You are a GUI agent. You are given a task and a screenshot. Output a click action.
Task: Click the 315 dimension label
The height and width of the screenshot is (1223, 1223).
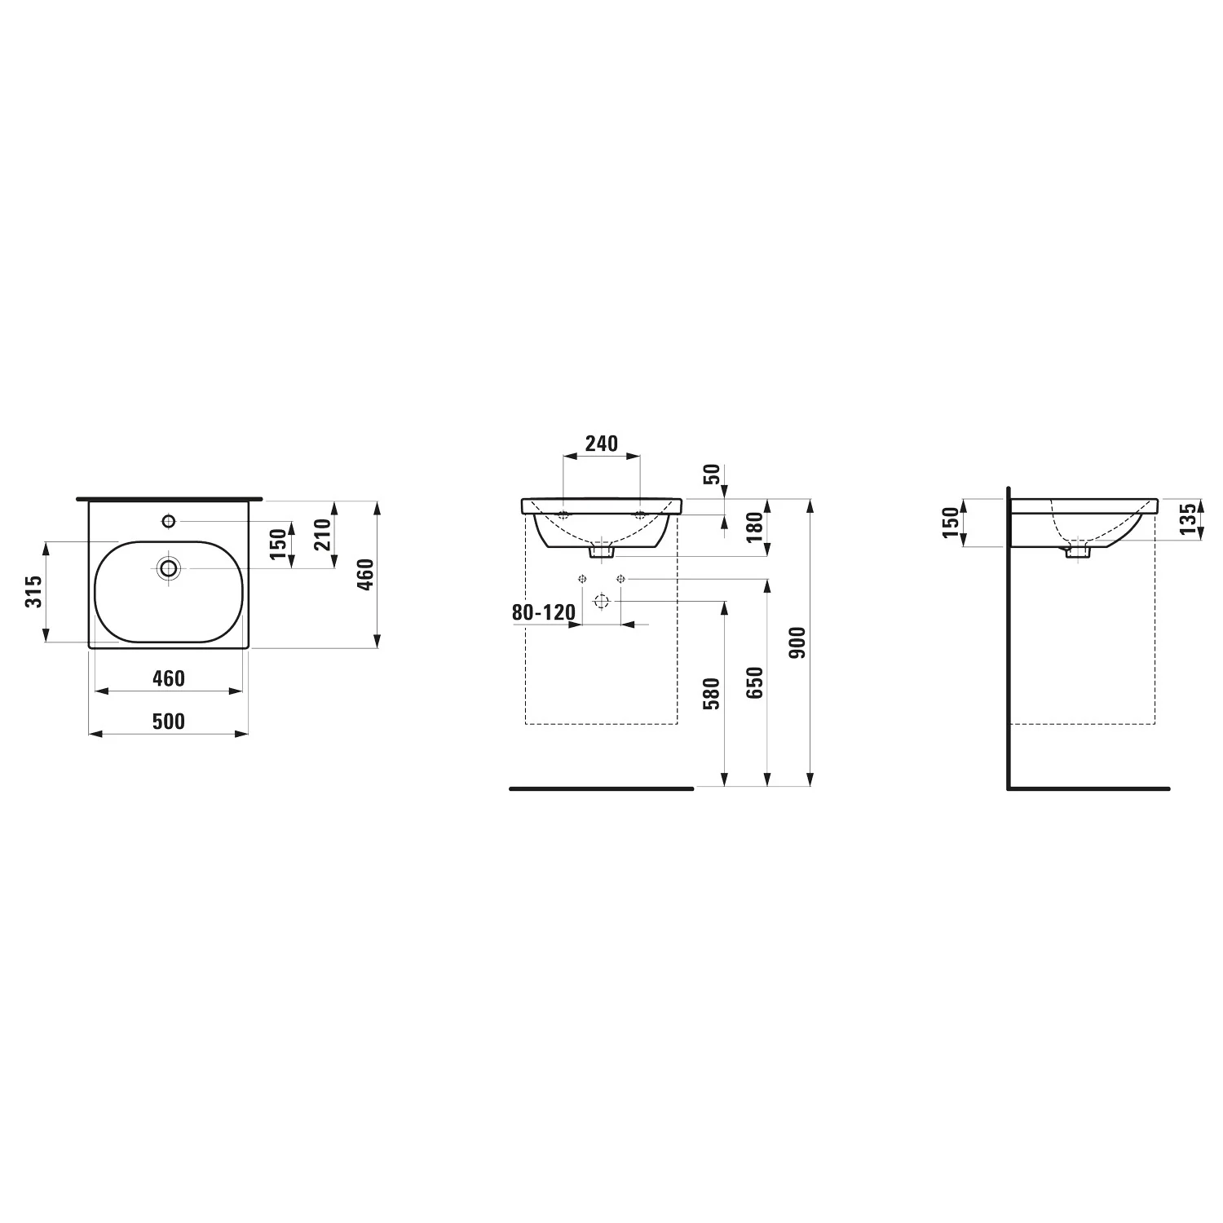click(33, 591)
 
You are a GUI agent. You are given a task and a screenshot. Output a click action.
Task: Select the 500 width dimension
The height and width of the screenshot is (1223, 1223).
click(168, 721)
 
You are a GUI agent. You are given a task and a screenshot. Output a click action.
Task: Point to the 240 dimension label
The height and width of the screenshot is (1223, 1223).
click(602, 444)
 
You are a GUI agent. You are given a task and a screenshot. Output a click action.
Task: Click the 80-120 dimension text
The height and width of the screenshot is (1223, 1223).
click(544, 611)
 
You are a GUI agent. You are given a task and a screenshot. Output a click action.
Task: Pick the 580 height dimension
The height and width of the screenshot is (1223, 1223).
click(711, 693)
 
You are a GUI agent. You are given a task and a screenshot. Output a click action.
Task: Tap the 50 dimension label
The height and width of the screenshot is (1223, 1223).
click(712, 475)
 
